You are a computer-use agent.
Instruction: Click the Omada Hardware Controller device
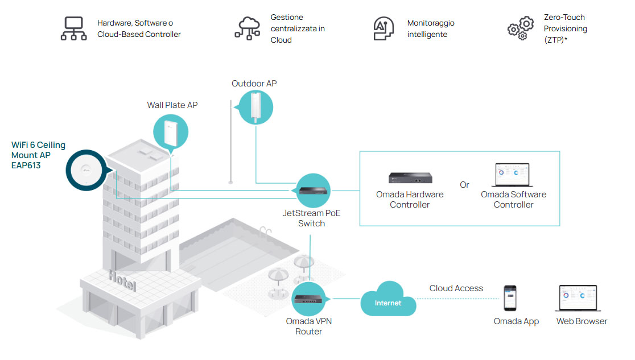click(x=410, y=177)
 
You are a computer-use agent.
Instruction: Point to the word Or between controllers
click(x=464, y=185)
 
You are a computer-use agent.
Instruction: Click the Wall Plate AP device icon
click(x=170, y=131)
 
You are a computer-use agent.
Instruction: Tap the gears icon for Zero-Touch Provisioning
click(x=521, y=28)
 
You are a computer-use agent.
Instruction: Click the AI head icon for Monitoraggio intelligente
click(x=383, y=28)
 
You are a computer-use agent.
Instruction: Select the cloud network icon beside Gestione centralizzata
click(x=248, y=28)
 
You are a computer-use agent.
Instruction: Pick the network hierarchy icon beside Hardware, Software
click(x=74, y=28)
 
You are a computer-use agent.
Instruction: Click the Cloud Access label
click(x=456, y=288)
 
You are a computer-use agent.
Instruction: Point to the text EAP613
click(x=26, y=165)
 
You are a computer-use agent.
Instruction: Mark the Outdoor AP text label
click(x=254, y=84)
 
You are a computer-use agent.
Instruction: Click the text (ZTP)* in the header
click(x=556, y=40)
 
